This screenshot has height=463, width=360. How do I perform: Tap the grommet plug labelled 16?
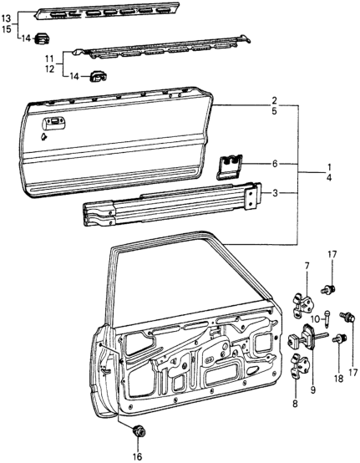pos(138,432)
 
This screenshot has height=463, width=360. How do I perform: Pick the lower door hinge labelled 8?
pos(300,365)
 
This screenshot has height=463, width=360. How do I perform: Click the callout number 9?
pos(312,389)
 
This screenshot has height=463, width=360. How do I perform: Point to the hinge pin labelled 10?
pos(327,318)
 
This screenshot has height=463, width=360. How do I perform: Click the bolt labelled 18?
pos(340,338)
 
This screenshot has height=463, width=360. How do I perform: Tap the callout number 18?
pos(339,379)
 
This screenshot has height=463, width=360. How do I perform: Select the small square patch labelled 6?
pos(231,167)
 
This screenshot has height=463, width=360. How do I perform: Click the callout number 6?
pos(275,164)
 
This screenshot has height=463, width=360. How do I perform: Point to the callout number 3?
pos(275,193)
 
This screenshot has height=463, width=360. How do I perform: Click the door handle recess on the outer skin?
pos(54,125)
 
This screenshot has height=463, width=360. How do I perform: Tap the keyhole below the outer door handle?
pos(44,136)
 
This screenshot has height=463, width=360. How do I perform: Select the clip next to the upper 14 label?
pos(43,38)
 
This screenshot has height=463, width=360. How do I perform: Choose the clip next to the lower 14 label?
pos(98,77)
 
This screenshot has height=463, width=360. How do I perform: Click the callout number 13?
pos(6,18)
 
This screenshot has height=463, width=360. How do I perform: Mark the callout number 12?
pos(49,69)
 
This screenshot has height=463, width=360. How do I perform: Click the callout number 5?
pos(275,112)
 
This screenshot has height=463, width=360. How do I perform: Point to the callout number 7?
pos(307,266)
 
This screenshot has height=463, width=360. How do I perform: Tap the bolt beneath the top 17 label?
pos(328,289)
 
